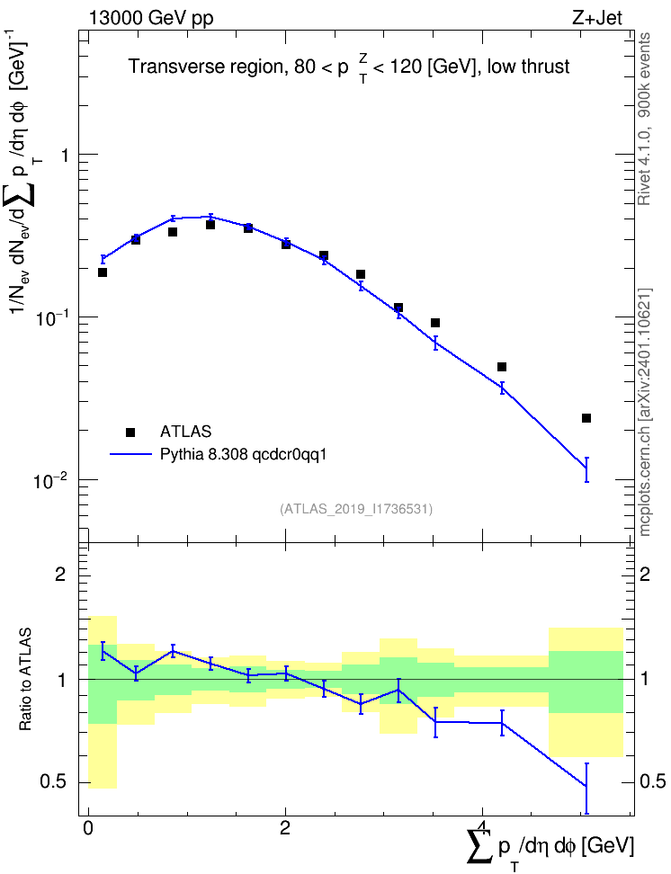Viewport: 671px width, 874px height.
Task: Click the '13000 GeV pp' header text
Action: point(150,18)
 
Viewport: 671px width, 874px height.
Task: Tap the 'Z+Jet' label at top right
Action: point(597,18)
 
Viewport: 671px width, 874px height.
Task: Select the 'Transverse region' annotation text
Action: point(206,67)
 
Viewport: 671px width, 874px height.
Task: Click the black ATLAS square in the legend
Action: point(130,432)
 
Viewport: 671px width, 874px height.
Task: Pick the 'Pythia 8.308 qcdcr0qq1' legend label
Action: point(243,455)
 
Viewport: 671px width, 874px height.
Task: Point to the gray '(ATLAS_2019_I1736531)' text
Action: point(356,508)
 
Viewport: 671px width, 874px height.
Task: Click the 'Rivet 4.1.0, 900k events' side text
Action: point(644,119)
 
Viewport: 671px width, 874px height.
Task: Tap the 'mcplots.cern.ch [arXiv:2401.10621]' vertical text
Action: point(644,412)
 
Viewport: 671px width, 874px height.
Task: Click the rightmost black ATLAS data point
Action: point(586,418)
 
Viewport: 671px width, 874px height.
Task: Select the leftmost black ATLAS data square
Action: point(102,272)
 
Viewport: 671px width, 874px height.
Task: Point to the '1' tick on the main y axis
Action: point(65,155)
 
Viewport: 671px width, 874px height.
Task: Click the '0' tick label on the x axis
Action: point(88,828)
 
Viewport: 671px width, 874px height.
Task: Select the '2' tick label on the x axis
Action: point(285,828)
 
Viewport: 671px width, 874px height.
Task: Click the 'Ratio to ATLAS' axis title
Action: point(25,679)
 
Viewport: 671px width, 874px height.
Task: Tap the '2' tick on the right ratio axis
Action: point(645,574)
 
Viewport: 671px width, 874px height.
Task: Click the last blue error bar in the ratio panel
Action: point(586,789)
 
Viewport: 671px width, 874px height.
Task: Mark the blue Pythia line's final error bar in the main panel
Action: point(586,469)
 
